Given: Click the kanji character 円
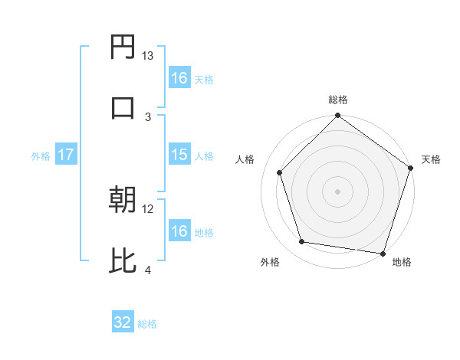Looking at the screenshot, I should pyautogui.click(x=123, y=48).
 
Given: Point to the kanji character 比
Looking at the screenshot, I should pyautogui.click(x=123, y=260).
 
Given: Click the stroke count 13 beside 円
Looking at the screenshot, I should pyautogui.click(x=148, y=56).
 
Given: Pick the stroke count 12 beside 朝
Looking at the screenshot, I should pyautogui.click(x=148, y=208).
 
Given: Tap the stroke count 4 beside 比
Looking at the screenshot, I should pyautogui.click(x=148, y=269).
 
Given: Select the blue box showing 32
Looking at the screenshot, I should pyautogui.click(x=123, y=322).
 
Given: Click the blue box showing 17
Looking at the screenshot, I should pyautogui.click(x=66, y=155).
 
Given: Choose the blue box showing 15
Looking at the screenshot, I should pyautogui.click(x=179, y=155).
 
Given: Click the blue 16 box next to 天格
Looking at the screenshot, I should pyautogui.click(x=179, y=77).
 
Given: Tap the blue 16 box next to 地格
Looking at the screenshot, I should pyautogui.click(x=179, y=231).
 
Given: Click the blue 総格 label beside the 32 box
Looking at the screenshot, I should pyautogui.click(x=147, y=324).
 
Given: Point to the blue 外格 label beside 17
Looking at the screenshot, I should pyautogui.click(x=41, y=156).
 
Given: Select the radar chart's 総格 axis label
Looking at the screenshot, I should pyautogui.click(x=338, y=100).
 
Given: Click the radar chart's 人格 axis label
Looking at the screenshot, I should pyautogui.click(x=245, y=159).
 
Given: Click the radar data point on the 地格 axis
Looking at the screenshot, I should pyautogui.click(x=383, y=253).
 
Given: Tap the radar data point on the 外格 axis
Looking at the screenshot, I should pyautogui.click(x=302, y=242).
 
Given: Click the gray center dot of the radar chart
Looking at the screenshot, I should pyautogui.click(x=337, y=191).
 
